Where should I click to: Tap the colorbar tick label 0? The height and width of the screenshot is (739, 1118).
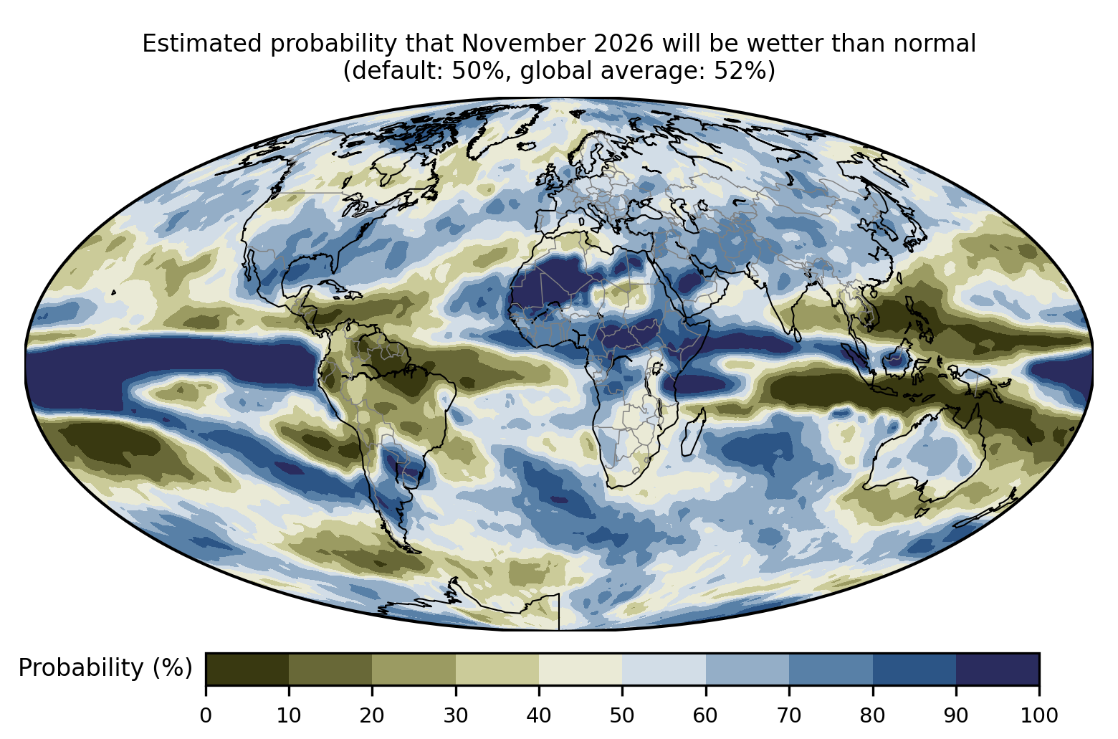[206, 716]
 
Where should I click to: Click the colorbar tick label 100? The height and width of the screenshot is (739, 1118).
[1039, 716]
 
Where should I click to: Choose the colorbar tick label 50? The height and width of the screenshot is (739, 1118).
[622, 716]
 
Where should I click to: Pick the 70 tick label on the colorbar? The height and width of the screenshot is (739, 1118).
[788, 716]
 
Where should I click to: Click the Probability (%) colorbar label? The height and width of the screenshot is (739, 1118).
[105, 668]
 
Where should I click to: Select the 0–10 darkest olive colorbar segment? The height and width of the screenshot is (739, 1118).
[247, 669]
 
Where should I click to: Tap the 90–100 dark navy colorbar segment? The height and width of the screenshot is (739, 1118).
[998, 669]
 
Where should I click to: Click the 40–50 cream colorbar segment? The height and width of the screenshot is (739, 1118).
[580, 669]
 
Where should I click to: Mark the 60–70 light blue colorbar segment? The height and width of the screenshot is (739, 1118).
[747, 669]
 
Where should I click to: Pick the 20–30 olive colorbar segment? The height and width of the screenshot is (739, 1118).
[414, 669]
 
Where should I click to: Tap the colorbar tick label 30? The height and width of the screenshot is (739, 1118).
[456, 716]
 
